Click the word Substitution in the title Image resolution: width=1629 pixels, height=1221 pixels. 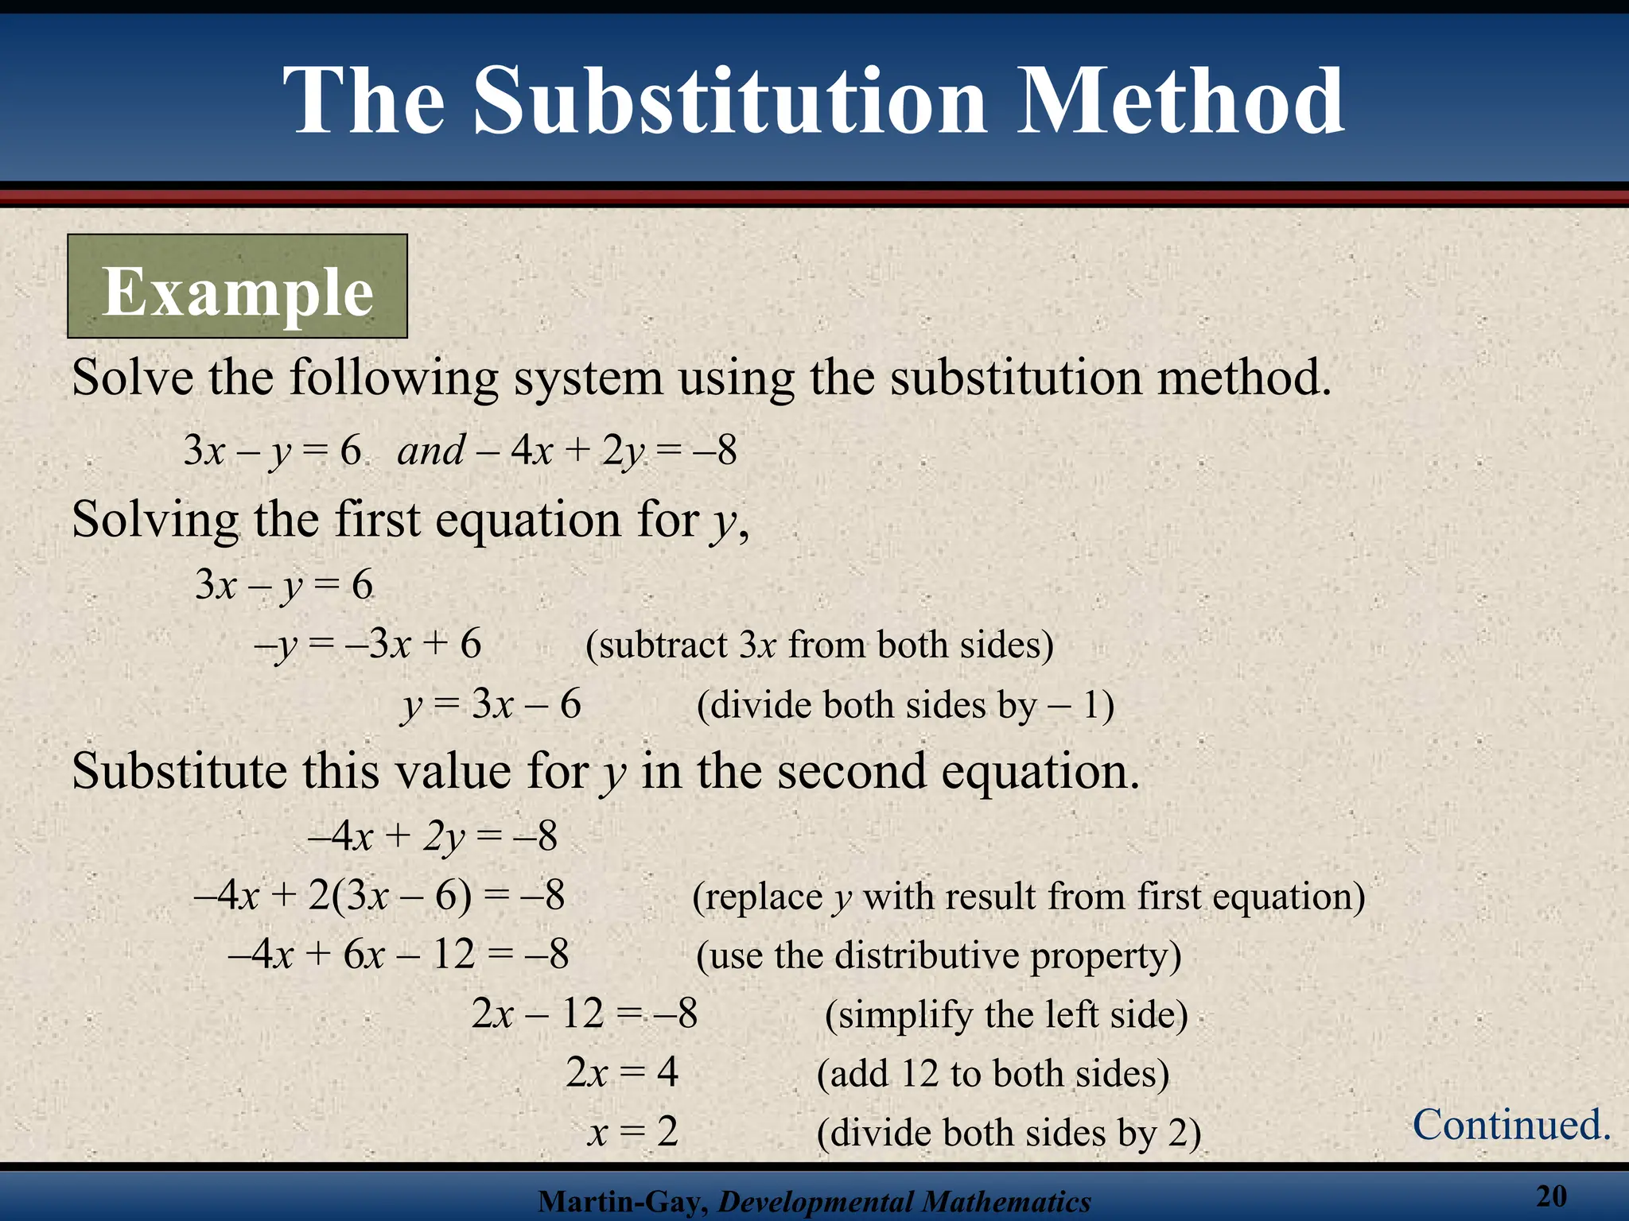point(730,102)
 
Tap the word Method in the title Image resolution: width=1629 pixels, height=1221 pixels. point(1182,102)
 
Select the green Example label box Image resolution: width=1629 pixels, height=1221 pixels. point(237,286)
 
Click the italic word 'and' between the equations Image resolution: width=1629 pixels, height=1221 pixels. point(431,451)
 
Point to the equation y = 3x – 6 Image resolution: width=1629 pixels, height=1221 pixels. point(492,704)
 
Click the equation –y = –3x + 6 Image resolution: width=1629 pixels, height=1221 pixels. point(367,644)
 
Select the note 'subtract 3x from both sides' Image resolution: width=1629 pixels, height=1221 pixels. point(819,645)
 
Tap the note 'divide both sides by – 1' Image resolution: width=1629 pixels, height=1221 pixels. point(905,705)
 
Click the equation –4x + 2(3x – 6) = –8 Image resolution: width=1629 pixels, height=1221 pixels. point(379,896)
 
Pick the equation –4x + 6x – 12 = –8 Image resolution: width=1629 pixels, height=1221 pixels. point(398,955)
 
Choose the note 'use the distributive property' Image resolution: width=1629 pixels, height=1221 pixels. point(939,955)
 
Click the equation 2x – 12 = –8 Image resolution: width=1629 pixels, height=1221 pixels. point(585,1014)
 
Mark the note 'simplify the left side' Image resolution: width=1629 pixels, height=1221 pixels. point(1006,1015)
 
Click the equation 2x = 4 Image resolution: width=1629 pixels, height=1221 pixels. point(622,1073)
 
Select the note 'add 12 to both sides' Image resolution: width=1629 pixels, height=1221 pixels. point(993,1074)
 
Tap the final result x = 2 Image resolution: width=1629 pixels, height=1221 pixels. point(632,1132)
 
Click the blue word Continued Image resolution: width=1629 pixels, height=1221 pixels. point(1511,1125)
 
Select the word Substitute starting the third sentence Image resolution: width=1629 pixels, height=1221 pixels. point(179,771)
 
